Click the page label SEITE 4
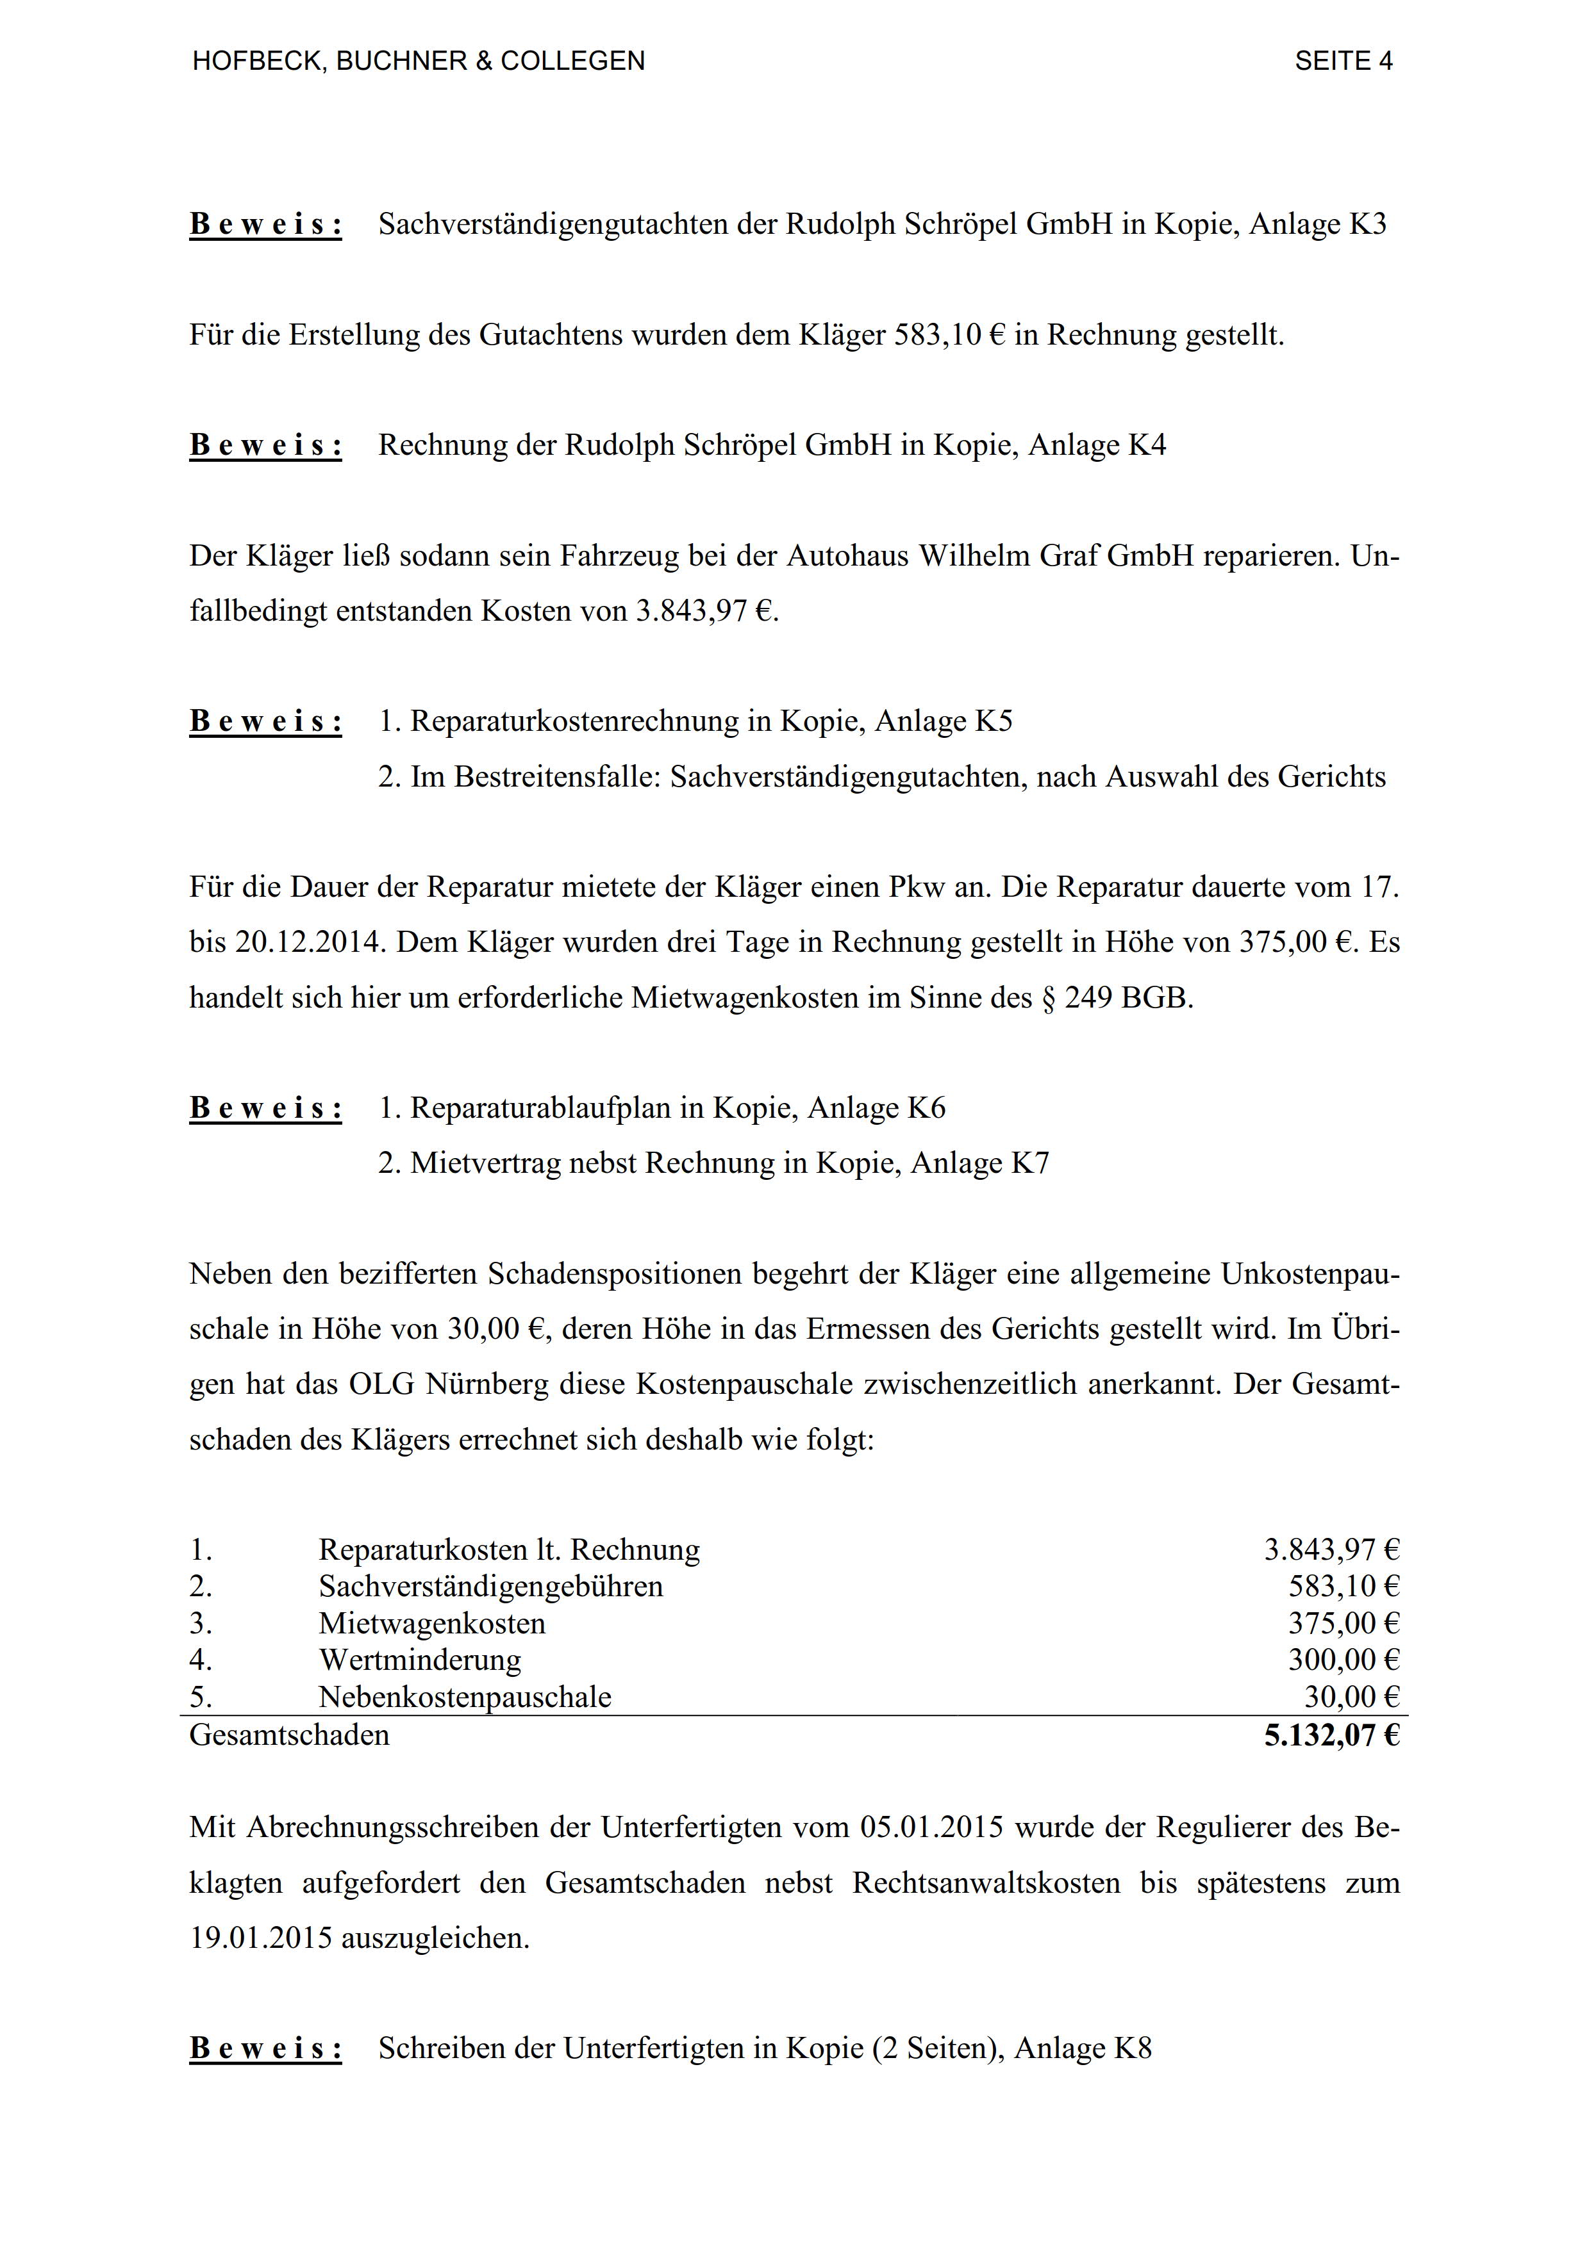point(1344,61)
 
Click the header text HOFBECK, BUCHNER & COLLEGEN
point(419,61)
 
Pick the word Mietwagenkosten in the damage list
point(432,1624)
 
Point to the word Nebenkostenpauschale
point(465,1697)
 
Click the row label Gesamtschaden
point(290,1735)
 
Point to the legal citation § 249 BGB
point(1116,997)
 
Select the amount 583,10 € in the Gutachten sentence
point(950,335)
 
